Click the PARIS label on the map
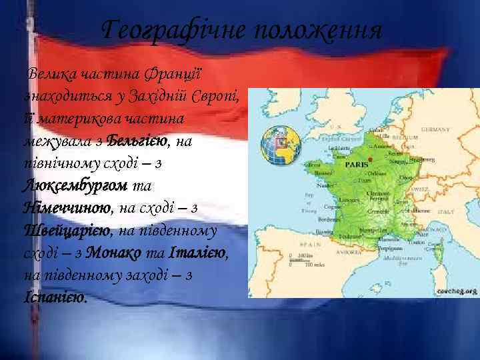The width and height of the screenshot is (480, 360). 357,163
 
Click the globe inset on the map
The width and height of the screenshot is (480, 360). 277,144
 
